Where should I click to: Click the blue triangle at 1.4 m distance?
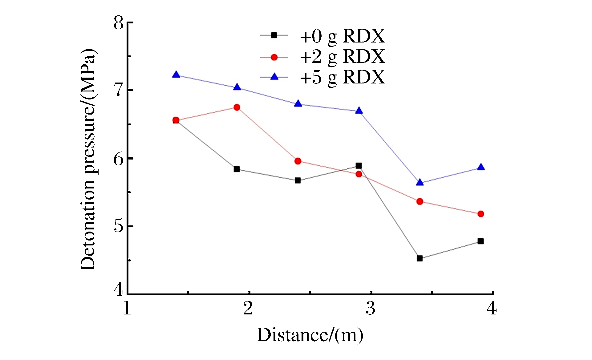coord(176,75)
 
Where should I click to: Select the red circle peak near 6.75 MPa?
coord(237,107)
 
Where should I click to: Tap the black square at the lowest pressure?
coord(420,258)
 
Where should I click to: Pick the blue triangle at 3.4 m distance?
coord(420,183)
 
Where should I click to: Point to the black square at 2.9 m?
coord(359,166)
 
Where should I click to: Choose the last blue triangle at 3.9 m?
coord(481,167)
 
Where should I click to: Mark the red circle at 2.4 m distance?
coord(298,161)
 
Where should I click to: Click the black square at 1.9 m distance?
coord(237,169)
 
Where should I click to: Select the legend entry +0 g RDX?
coord(342,36)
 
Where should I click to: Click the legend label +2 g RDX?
coord(342,57)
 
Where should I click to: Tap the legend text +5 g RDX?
coord(342,77)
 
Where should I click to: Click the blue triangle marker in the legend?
coord(274,77)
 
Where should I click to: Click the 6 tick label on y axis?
coord(119,159)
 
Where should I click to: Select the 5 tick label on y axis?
coord(119,226)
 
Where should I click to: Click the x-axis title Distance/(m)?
coord(310,335)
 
